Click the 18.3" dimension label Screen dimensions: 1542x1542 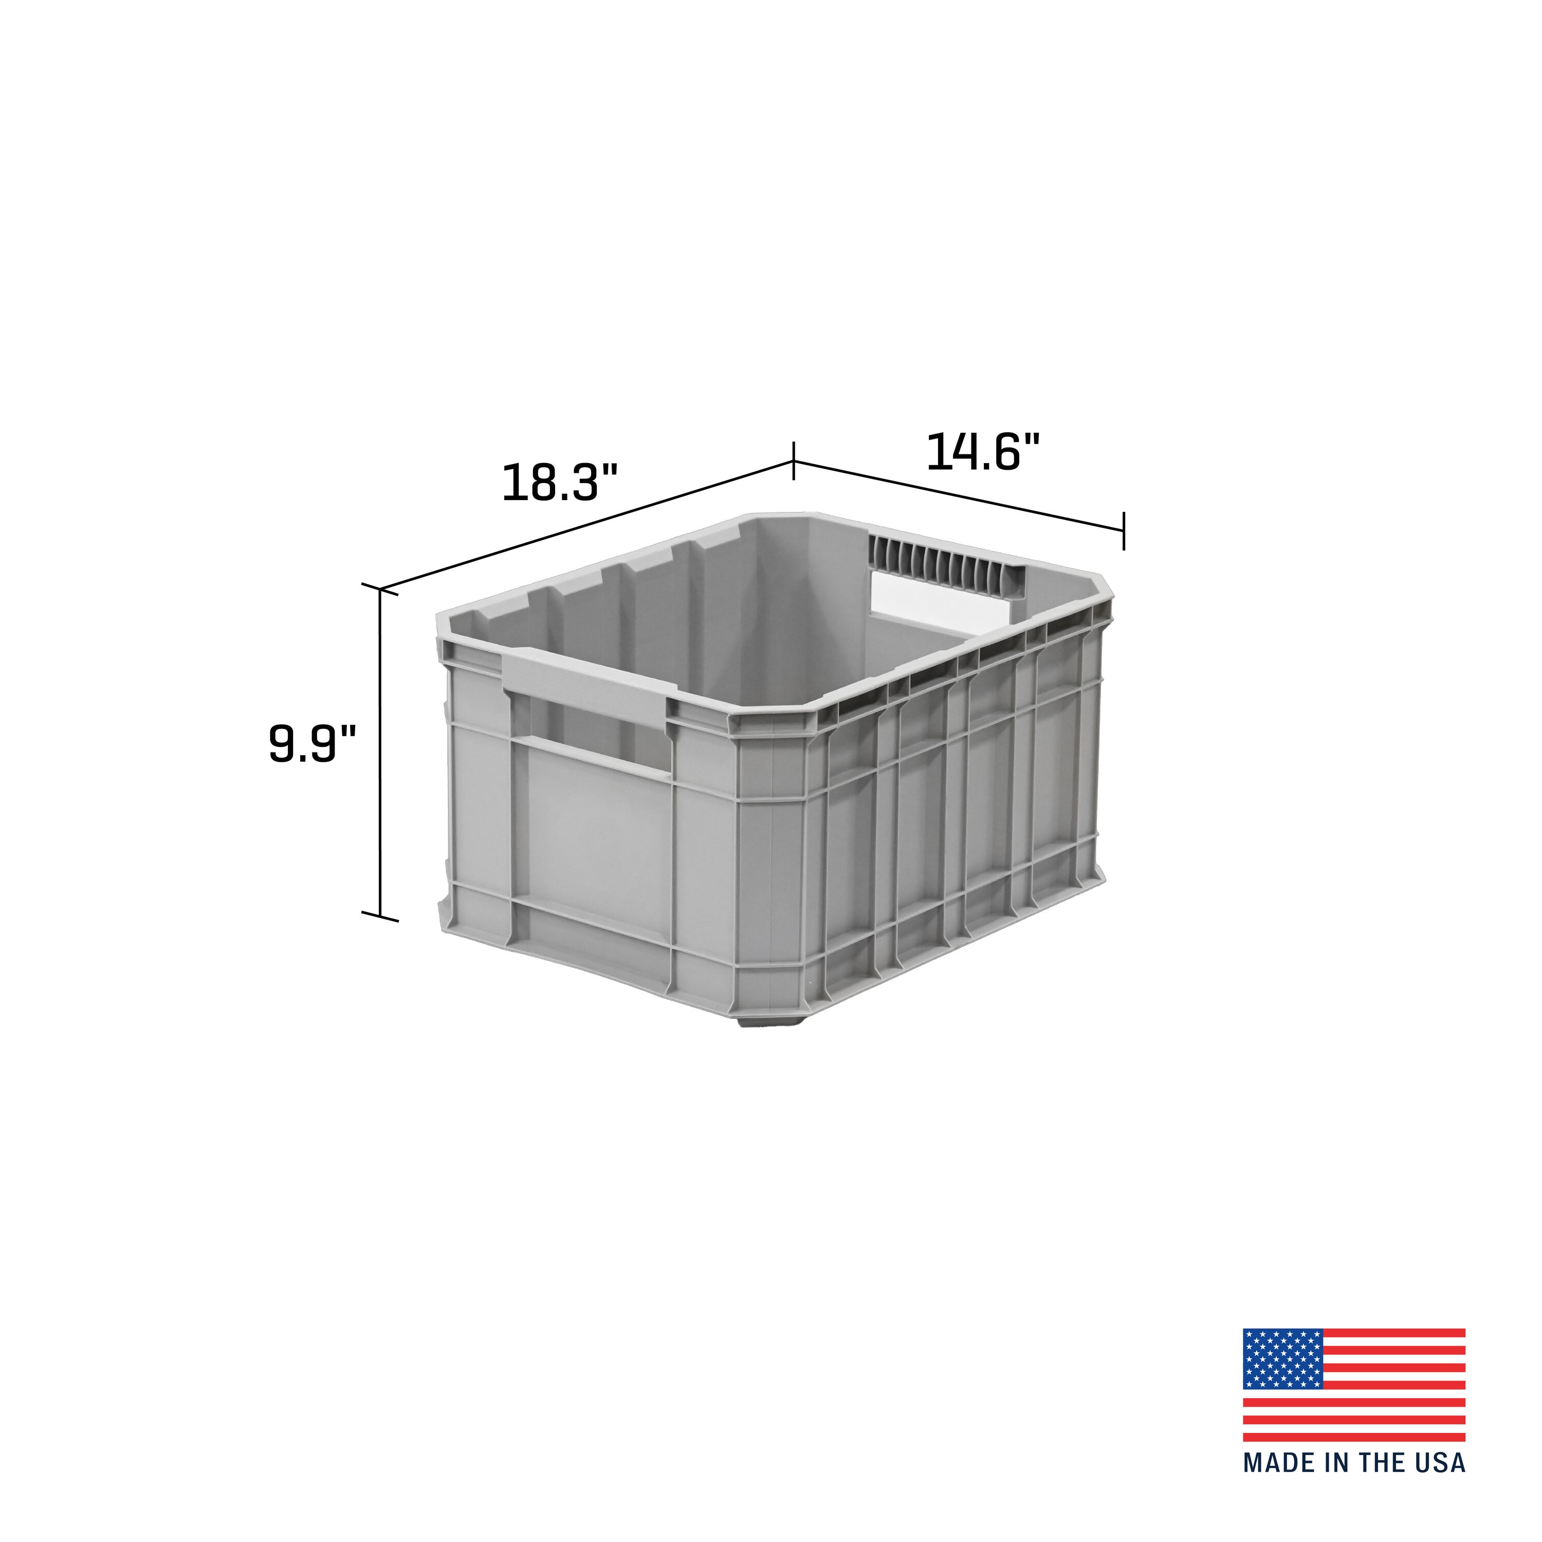tap(560, 483)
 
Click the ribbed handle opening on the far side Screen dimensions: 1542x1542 tap(942, 575)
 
